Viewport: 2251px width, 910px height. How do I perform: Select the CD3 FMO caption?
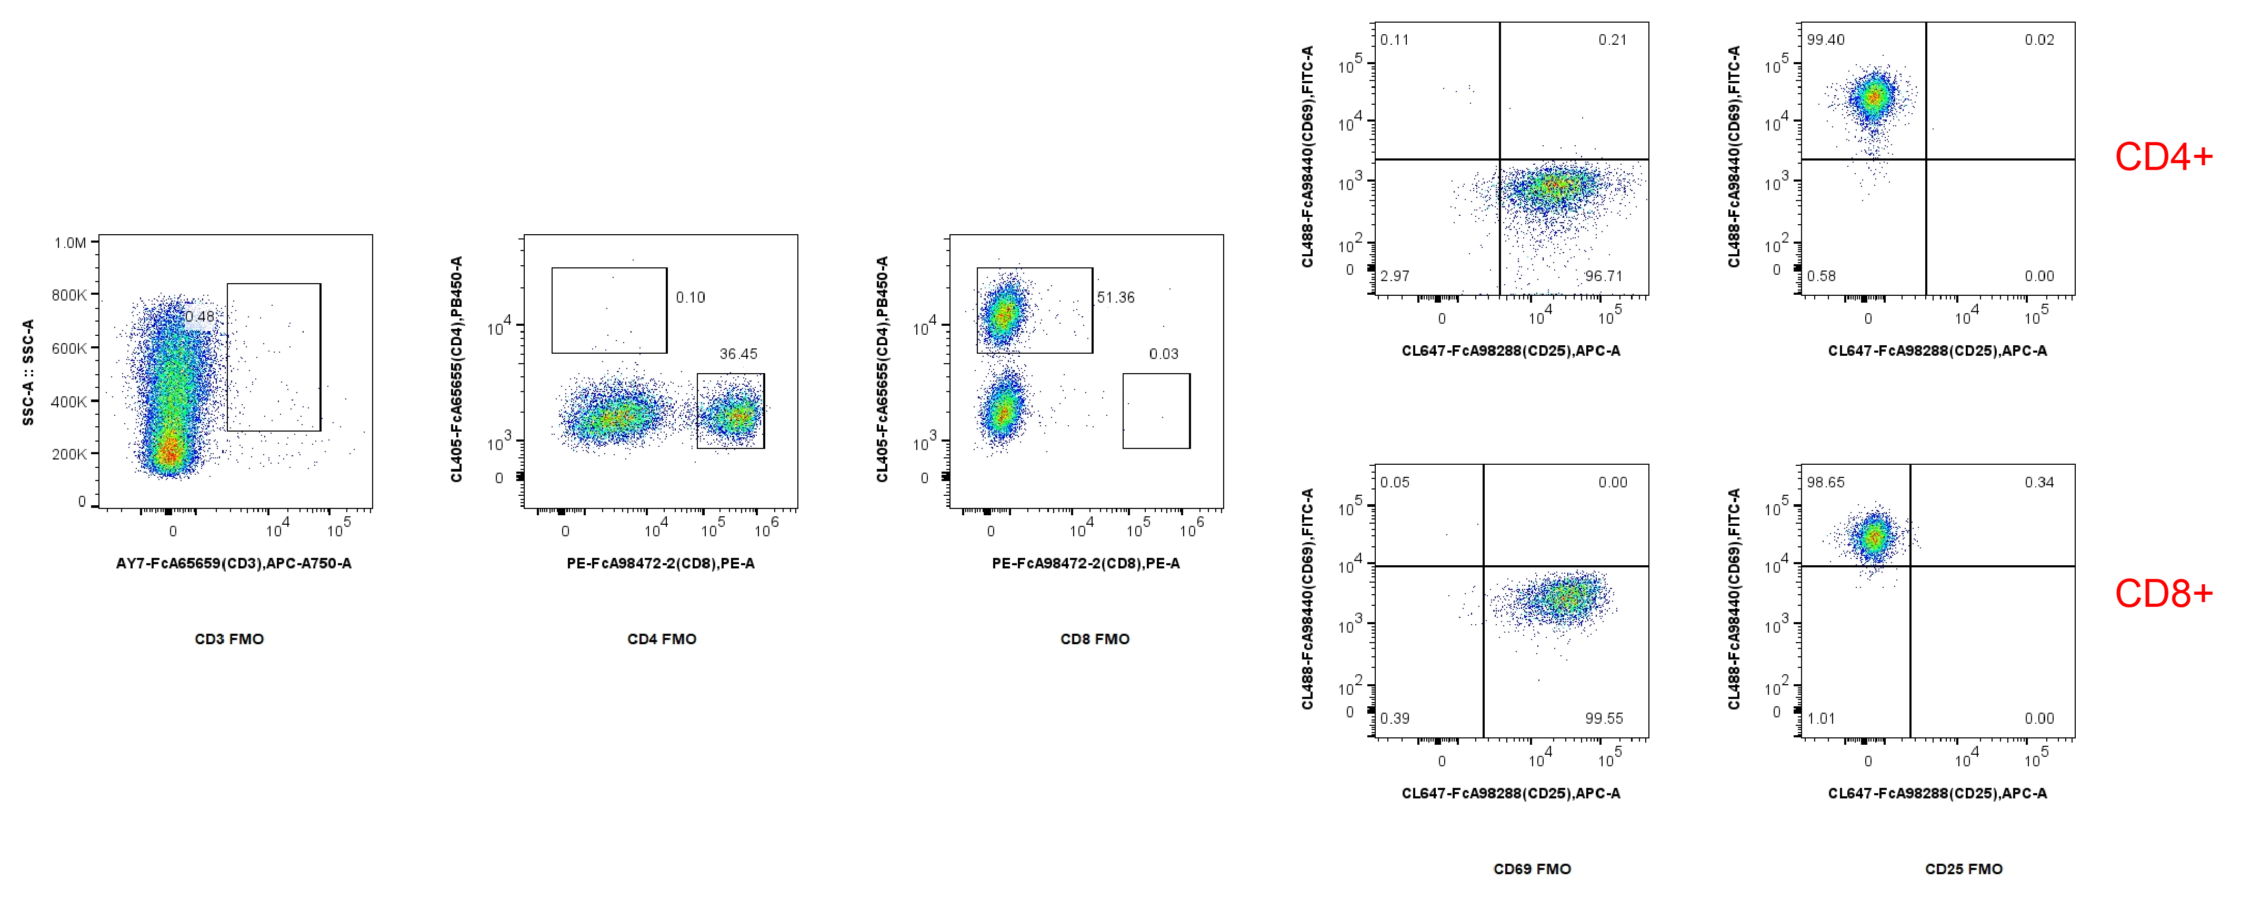[x=229, y=639]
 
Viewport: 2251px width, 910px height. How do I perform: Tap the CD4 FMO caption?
[x=662, y=639]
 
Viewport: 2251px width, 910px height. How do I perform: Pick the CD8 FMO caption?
[x=1094, y=639]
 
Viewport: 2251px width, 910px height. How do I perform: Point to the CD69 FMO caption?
[x=1532, y=869]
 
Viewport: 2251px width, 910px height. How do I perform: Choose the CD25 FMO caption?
[x=1964, y=869]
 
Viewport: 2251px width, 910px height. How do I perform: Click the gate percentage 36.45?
[x=738, y=354]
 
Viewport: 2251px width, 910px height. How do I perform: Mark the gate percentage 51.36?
[x=1116, y=297]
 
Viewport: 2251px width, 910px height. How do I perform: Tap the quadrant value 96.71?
[x=1604, y=276]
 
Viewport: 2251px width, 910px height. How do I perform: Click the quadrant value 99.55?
[x=1604, y=718]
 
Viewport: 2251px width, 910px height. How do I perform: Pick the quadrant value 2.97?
[x=1395, y=276]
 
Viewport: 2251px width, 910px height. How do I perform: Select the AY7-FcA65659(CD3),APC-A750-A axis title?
[x=233, y=564]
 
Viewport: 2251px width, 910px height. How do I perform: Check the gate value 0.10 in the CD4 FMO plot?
[x=691, y=297]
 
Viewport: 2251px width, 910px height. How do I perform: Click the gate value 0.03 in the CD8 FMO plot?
[x=1163, y=354]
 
